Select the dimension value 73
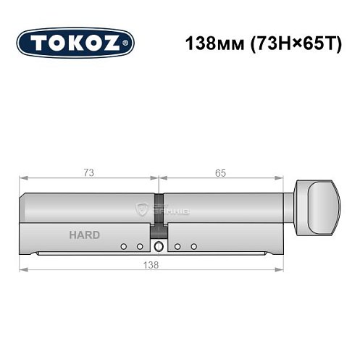click(88, 173)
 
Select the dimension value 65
click(220, 173)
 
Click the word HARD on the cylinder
click(85, 235)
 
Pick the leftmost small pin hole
click(124, 247)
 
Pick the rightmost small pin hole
click(193, 247)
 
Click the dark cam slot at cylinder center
click(159, 211)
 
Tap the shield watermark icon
click(143, 211)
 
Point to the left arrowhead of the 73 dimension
click(22, 178)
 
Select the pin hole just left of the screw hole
click(140, 247)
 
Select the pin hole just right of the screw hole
click(177, 247)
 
